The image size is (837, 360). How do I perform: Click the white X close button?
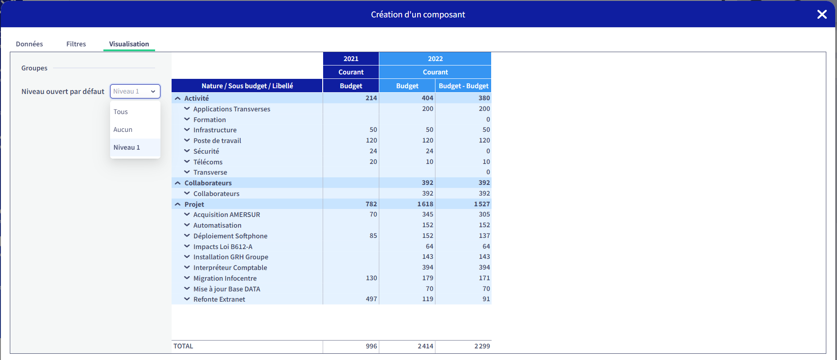click(822, 14)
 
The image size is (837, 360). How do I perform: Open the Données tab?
click(29, 44)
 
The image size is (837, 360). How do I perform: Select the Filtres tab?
click(76, 44)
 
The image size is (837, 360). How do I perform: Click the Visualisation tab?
click(129, 44)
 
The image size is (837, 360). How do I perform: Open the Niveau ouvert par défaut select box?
click(135, 91)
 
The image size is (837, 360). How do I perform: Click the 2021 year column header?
click(351, 58)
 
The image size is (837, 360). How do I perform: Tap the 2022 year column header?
click(435, 58)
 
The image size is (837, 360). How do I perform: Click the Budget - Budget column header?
click(464, 86)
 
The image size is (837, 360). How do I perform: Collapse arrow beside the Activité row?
click(178, 98)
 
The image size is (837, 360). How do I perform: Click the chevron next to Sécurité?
click(187, 151)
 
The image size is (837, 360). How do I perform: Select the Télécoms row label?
click(208, 162)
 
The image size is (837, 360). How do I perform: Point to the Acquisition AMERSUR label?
click(226, 214)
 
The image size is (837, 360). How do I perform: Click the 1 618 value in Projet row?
click(425, 204)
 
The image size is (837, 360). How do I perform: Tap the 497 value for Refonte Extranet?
click(371, 299)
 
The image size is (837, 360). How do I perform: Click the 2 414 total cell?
click(425, 346)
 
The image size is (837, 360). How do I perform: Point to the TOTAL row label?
click(183, 346)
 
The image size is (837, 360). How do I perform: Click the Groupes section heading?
click(34, 68)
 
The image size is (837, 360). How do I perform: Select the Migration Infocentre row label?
click(225, 278)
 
